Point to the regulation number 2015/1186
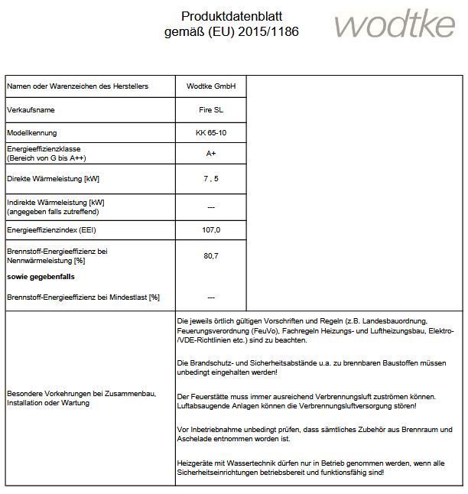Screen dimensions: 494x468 pos(268,32)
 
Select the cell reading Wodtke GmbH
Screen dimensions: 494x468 pos(211,86)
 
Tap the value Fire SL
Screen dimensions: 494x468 pos(211,110)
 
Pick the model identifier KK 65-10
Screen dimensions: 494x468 pos(211,133)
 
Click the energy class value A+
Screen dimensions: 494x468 pos(211,153)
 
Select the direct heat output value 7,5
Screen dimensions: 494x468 pos(211,179)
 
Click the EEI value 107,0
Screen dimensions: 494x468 pos(211,229)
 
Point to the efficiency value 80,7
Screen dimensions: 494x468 pos(211,255)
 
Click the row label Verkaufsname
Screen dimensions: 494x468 pos(31,110)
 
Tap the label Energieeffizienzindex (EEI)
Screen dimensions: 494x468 pos(51,229)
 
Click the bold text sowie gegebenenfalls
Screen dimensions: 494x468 pos(41,276)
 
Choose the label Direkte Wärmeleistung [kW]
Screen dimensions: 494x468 pos(54,179)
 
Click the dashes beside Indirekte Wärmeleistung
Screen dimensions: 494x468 pos(211,206)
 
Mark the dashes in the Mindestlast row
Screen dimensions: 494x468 pos(211,297)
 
